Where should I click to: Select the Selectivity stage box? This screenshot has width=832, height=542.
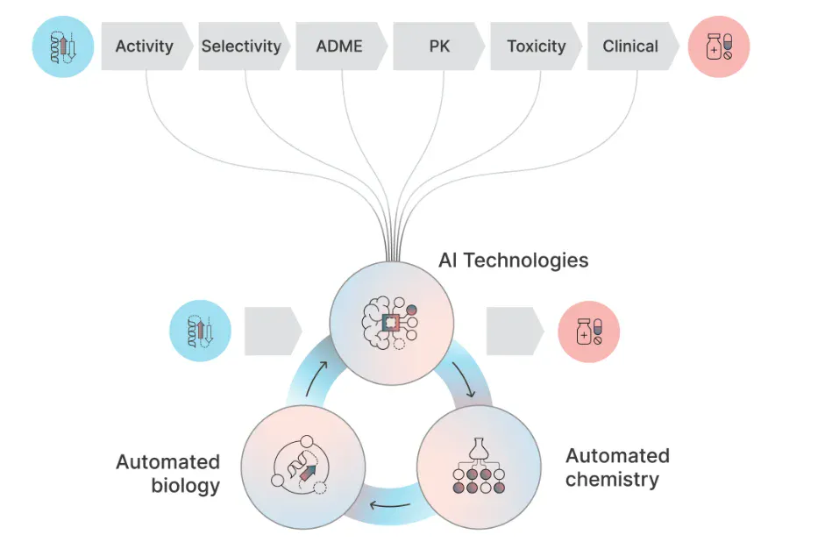[244, 46]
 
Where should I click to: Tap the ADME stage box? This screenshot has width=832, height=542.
[341, 46]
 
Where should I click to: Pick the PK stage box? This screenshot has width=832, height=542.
[439, 46]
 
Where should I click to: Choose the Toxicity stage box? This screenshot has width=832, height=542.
[536, 46]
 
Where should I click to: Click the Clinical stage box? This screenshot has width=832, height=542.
[633, 46]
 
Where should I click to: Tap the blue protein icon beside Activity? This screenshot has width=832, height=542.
[63, 46]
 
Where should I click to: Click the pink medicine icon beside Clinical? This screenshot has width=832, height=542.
[719, 46]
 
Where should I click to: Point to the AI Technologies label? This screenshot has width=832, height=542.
[513, 260]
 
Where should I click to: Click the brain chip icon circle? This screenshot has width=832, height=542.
[392, 324]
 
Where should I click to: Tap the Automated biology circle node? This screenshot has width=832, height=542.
[303, 467]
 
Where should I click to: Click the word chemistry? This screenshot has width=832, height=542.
[612, 480]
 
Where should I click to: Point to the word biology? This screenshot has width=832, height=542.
[185, 486]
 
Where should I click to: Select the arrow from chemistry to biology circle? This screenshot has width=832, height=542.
[390, 505]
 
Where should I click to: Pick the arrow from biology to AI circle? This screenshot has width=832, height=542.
[316, 379]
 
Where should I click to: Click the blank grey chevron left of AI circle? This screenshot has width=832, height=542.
[274, 332]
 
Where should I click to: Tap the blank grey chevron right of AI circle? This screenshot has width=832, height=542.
[516, 332]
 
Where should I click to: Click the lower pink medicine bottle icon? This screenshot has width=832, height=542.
[589, 332]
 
